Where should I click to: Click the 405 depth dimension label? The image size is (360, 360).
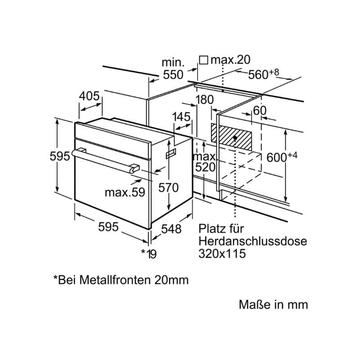coord(89,96)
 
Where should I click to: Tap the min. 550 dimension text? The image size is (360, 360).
coord(173,68)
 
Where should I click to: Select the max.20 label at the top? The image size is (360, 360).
coord(230,60)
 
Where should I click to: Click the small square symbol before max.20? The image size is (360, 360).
coord(203,60)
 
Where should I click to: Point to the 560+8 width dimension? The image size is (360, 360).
coord(264,74)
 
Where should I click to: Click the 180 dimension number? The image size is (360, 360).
coord(205,100)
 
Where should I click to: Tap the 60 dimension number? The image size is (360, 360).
coord(260,110)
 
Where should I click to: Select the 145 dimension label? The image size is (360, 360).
coord(181,117)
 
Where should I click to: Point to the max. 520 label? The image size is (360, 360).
coord(205,162)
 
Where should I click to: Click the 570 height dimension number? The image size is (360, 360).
coord(169,188)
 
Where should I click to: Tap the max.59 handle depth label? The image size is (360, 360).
coord(125,193)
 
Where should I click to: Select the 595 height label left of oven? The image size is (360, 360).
coord(59,156)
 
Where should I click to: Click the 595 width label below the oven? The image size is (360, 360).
coord(108,227)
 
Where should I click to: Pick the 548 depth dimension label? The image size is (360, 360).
coord(171,229)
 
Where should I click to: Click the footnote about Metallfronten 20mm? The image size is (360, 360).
coord(121,280)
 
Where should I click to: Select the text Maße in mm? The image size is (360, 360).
coord(273,305)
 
